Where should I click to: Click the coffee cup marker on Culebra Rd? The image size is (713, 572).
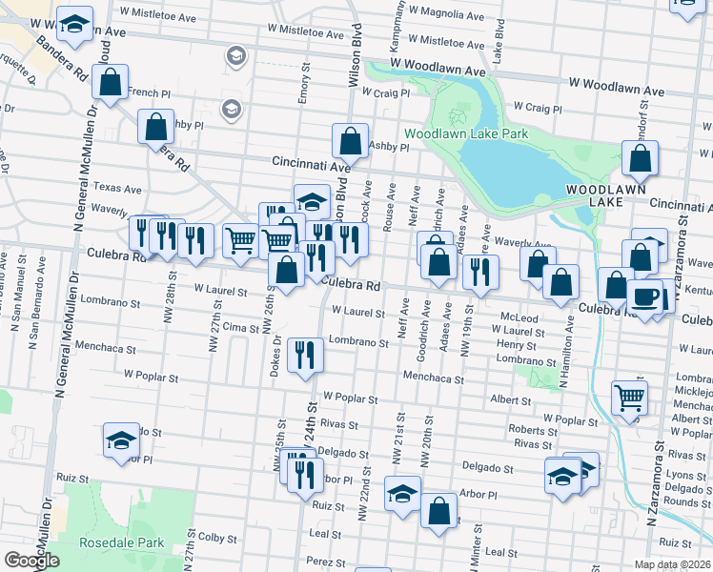coord(645,296)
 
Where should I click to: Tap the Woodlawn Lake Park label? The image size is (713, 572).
coord(465,134)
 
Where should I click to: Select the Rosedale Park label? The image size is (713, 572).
coord(122,543)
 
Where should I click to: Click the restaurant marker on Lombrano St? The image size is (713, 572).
coord(306,356)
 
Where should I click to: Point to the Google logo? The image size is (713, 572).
coord(31,561)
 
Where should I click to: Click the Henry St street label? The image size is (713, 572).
coord(516,345)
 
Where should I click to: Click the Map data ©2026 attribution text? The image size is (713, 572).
coord(673,565)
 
